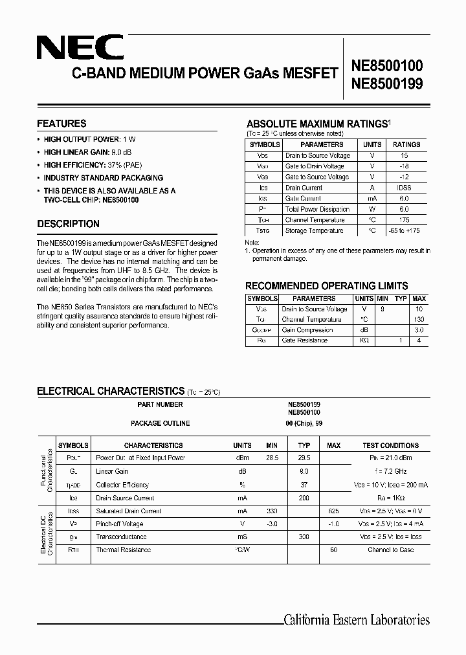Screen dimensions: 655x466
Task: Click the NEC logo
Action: pos(79,47)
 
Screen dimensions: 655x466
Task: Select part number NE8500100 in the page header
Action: pos(386,65)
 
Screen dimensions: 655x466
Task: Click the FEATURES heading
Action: pos(61,124)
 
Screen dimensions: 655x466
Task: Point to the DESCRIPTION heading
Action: pos(68,224)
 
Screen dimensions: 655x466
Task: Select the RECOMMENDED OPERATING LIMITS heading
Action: pos(326,285)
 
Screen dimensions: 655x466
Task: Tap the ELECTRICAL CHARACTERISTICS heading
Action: pos(111,391)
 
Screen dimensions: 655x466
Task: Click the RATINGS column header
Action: pos(406,144)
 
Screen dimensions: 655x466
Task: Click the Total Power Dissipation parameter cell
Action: pos(317,209)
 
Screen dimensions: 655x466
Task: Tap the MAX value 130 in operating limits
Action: pos(419,320)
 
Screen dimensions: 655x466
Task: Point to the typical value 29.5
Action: pos(304,458)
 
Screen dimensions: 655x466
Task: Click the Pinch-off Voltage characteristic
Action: pos(120,524)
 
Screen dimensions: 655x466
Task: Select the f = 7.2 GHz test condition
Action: pos(391,472)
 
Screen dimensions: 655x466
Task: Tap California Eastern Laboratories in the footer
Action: pos(357,619)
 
